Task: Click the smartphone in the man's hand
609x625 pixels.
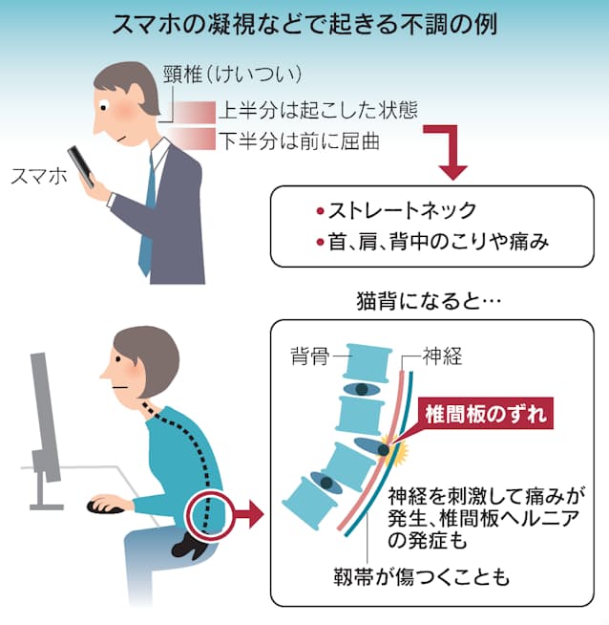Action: click(81, 166)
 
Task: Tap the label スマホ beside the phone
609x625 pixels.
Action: click(38, 176)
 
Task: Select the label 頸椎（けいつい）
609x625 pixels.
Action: click(232, 75)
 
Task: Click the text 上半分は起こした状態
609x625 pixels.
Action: click(318, 111)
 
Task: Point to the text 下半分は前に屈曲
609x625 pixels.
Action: click(299, 141)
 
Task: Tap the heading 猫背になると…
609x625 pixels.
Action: click(429, 301)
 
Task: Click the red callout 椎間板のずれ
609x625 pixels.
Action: click(485, 414)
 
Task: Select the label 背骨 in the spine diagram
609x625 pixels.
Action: click(309, 356)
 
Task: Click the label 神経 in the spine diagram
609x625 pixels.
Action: click(442, 356)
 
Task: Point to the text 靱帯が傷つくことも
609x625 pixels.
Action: click(421, 577)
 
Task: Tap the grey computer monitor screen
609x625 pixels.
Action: click(45, 417)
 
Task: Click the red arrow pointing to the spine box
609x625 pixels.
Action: click(246, 514)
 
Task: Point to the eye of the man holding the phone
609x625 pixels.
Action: click(103, 108)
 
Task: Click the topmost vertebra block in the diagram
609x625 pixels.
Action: click(367, 363)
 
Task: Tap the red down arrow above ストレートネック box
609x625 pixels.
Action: click(451, 152)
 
